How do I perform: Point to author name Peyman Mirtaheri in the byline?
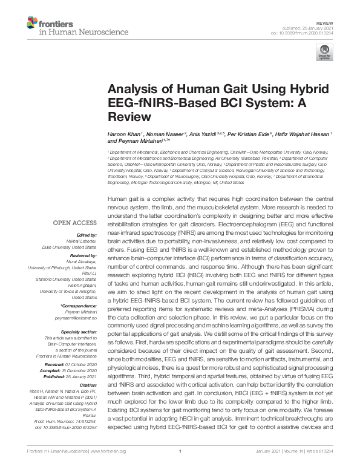pos(136,141)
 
